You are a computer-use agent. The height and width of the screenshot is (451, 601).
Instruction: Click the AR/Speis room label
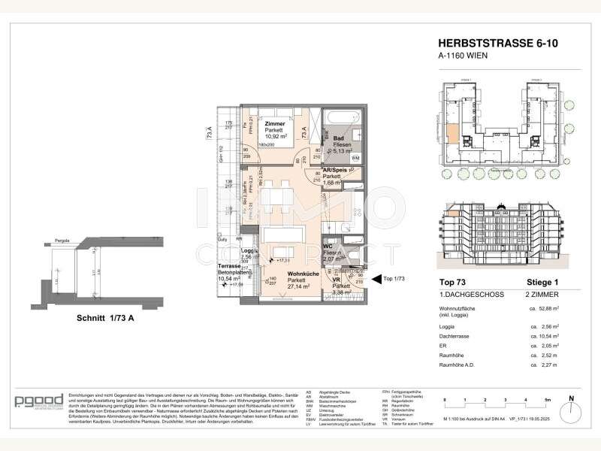(334, 170)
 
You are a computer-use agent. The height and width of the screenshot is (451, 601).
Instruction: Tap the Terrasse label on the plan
(229, 266)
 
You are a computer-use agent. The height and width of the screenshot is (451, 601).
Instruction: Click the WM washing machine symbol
(355, 156)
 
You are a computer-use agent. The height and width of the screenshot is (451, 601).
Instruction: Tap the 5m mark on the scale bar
(547, 401)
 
